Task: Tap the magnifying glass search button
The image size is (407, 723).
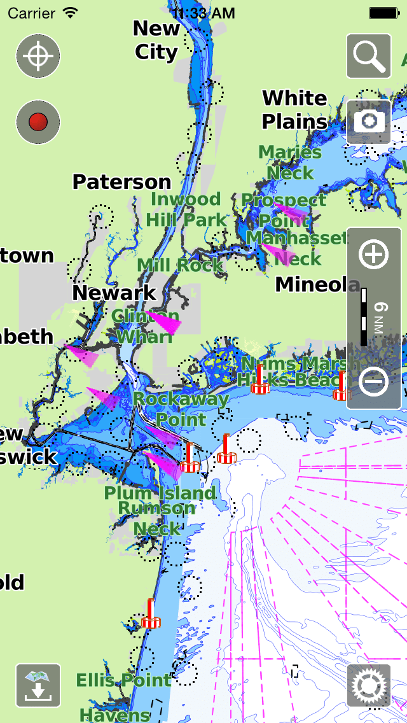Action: pos(369,56)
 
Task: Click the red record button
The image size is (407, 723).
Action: pos(38,122)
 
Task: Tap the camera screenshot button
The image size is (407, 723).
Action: pos(369,121)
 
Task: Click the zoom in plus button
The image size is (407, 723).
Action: pos(373,255)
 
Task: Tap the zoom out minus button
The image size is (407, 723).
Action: pos(373,381)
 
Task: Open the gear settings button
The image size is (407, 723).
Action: pos(369,685)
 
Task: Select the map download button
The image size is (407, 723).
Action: pos(38,685)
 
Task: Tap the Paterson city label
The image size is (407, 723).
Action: pos(121,182)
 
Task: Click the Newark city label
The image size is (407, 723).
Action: pos(114,293)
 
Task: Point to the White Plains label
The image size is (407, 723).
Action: pos(295,109)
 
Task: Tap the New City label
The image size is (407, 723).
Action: pos(156,40)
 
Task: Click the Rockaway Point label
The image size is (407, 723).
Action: pos(181,409)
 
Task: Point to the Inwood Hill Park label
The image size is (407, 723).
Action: pos(186,209)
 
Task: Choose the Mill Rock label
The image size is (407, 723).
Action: pos(180,265)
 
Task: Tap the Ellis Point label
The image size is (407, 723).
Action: pos(123,680)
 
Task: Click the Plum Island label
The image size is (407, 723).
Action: pos(160,493)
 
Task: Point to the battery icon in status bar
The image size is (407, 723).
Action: pos(384,13)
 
